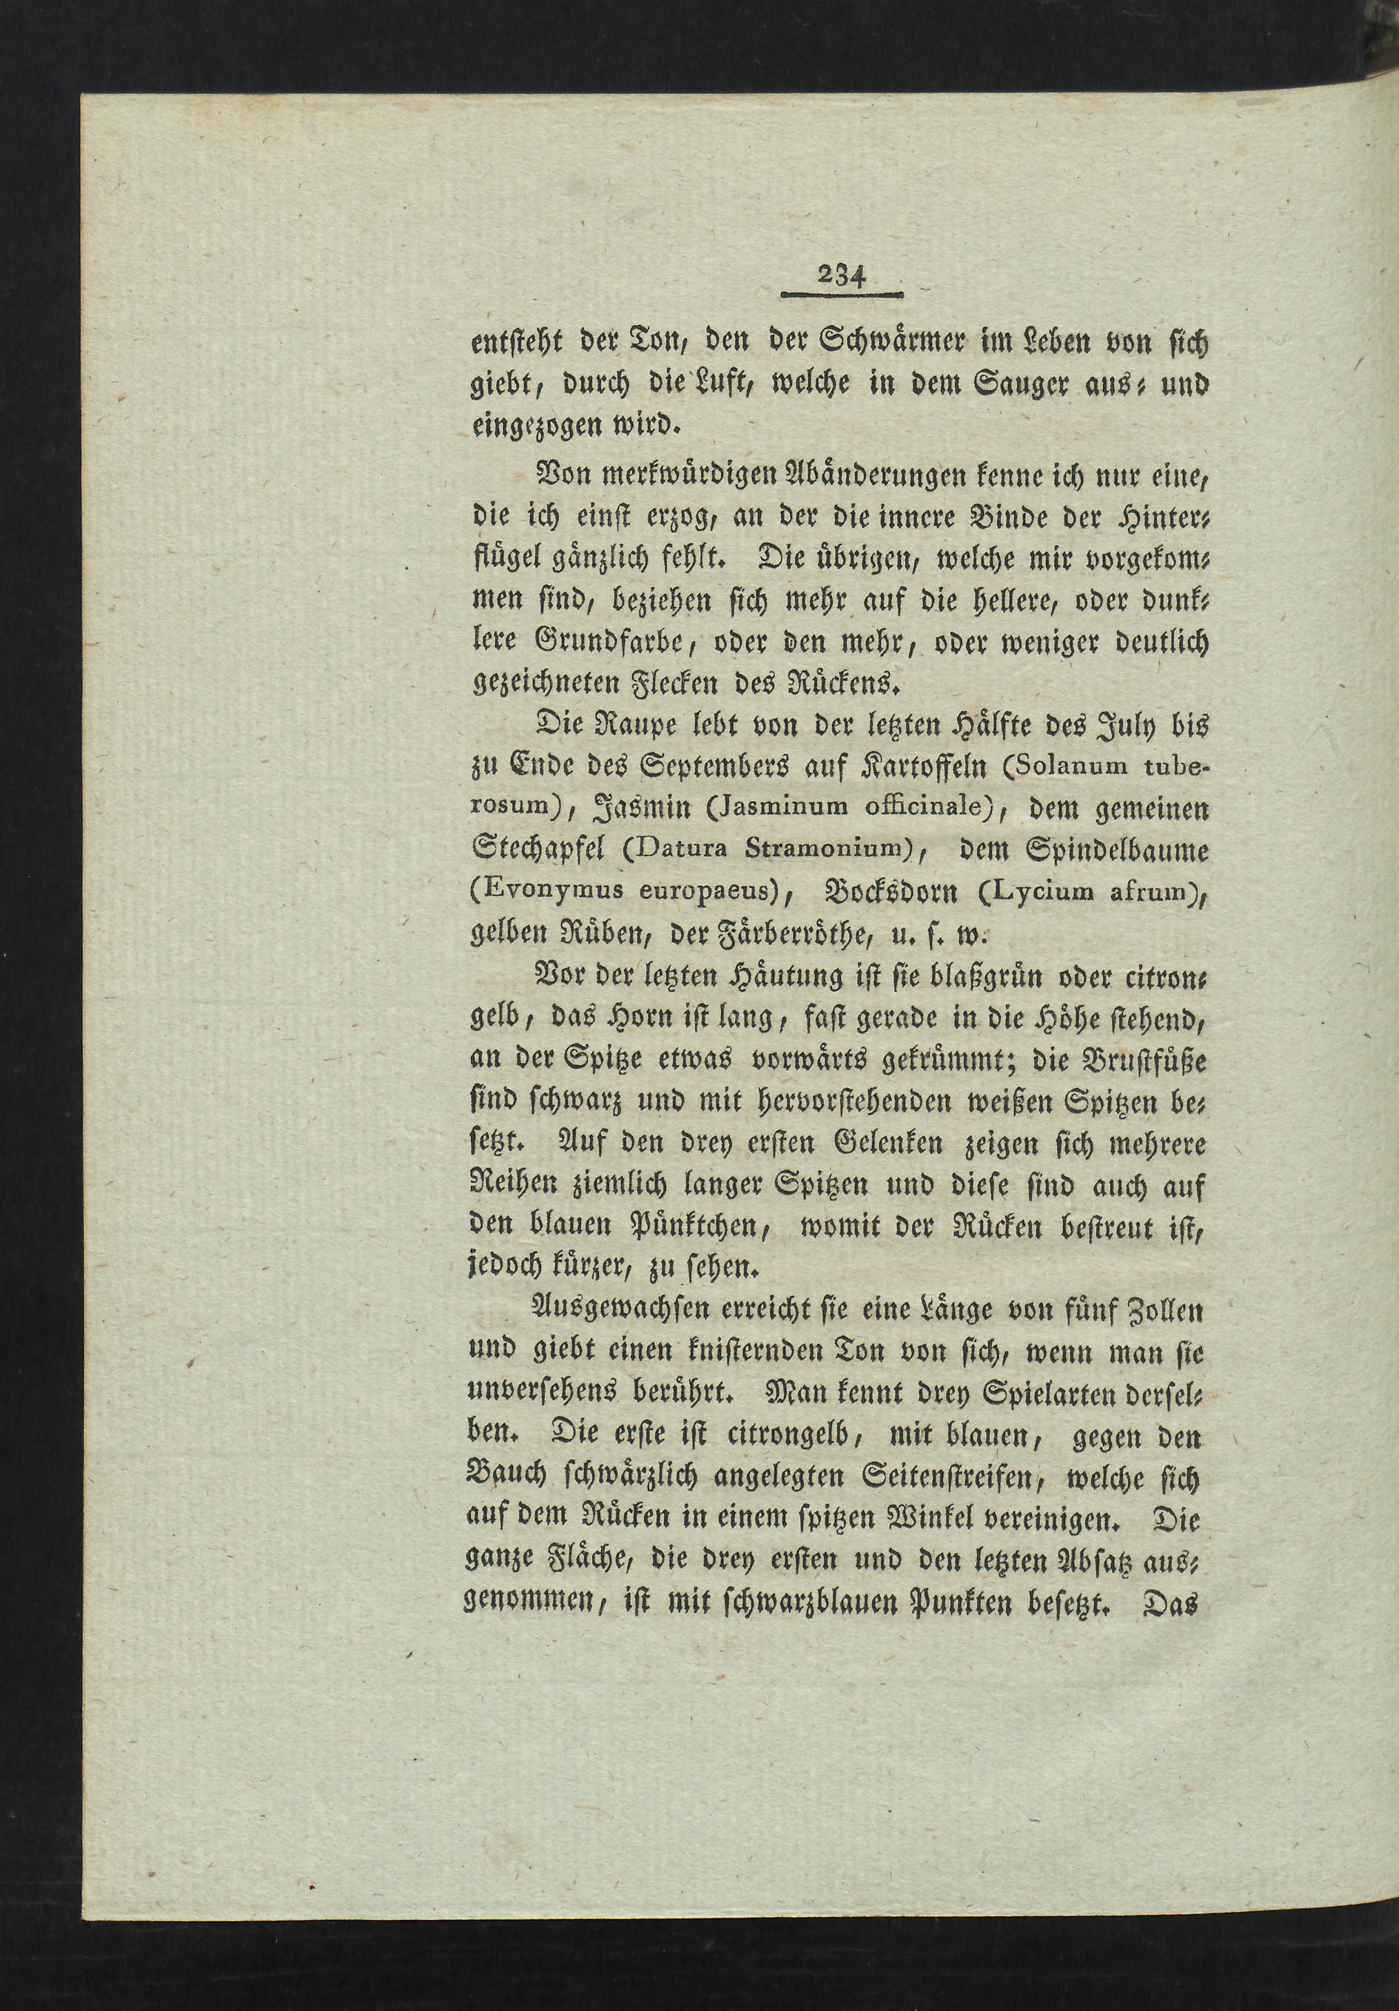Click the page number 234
click(x=841, y=278)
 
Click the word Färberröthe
click(x=819, y=933)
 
